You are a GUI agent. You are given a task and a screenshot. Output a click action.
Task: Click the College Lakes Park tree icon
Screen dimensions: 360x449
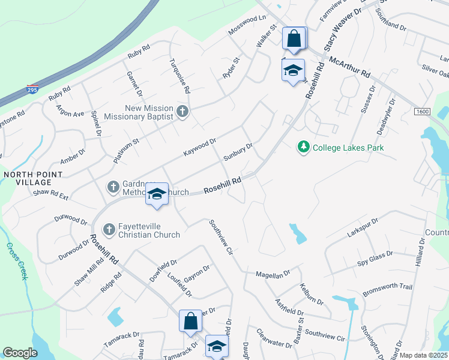tap(304, 147)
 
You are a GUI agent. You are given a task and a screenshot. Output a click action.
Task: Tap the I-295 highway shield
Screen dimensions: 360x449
tap(32, 89)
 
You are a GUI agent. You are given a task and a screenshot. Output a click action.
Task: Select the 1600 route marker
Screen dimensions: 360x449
tap(423, 112)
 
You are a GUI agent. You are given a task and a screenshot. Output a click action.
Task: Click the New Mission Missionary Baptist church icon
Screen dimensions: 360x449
tap(183, 112)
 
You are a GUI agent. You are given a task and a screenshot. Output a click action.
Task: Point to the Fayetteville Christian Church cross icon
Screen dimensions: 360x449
tap(109, 229)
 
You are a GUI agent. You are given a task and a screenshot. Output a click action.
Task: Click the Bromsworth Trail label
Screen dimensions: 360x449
tap(387, 290)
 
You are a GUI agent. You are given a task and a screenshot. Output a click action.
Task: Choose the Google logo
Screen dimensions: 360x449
tap(20, 352)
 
